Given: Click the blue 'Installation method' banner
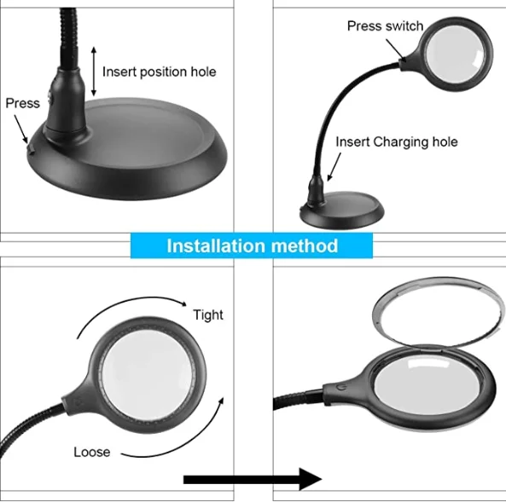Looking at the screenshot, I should coord(252,246).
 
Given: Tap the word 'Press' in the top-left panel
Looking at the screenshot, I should coord(23,103).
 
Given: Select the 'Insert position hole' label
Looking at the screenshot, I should coord(159,72).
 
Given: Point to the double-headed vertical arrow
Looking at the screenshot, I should coord(93,71).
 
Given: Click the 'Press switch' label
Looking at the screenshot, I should coord(384,26).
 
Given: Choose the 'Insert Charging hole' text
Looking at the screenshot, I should coord(396,141).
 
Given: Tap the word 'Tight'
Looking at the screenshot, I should coord(207,314).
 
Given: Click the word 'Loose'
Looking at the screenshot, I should coord(91,452).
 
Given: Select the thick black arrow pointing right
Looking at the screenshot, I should coord(253,478).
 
